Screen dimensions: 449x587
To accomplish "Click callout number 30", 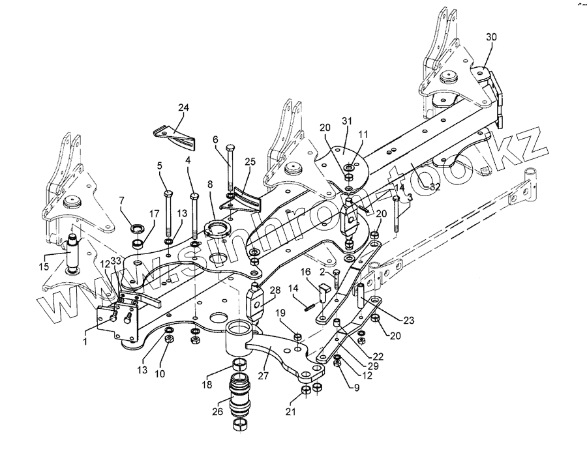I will [491, 37].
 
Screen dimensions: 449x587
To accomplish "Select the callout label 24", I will [183, 107].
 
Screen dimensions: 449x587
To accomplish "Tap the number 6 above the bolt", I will [215, 139].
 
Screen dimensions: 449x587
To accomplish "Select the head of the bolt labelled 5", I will [168, 194].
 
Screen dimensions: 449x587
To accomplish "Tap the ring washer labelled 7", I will [139, 229].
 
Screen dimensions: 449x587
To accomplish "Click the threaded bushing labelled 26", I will [240, 397].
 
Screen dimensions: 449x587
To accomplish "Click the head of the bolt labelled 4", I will [194, 195].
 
